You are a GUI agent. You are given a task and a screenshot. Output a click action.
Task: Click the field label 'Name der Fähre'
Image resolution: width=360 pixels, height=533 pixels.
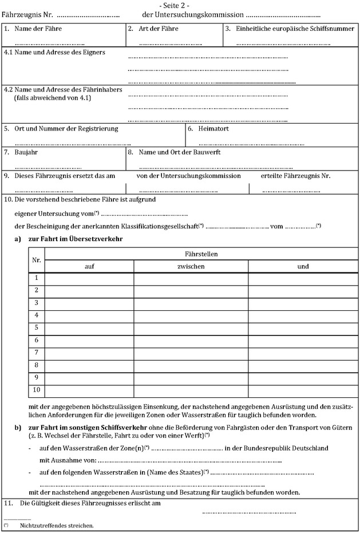tap(38, 28)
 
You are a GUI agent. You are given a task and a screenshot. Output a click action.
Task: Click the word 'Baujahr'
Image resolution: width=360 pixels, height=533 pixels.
tap(26, 152)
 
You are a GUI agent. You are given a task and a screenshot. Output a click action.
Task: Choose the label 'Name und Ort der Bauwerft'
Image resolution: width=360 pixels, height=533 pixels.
tap(179, 152)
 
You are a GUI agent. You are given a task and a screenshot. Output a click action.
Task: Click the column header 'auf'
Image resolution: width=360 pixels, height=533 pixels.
tap(89, 266)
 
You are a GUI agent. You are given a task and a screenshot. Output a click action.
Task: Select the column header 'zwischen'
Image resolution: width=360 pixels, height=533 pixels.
tap(191, 266)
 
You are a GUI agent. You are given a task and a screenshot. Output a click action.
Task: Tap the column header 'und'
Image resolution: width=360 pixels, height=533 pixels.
tap(303, 266)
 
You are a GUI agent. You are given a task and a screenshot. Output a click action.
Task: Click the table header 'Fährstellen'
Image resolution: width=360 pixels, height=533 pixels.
tap(201, 253)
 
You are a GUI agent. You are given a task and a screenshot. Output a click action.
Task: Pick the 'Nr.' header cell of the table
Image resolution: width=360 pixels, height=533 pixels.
tap(36, 260)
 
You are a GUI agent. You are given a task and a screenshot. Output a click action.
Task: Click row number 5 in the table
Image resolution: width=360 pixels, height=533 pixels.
tap(36, 327)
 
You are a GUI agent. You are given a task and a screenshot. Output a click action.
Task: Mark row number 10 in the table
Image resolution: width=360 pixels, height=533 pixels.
tap(36, 390)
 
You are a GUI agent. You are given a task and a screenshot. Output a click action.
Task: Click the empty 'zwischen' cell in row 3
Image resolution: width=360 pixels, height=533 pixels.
tap(191, 302)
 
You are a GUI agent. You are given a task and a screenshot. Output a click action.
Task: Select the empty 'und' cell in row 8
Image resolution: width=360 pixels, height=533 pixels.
tap(303, 365)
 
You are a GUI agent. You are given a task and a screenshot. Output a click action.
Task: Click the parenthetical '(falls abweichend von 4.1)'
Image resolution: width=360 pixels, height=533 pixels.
tap(53, 98)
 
